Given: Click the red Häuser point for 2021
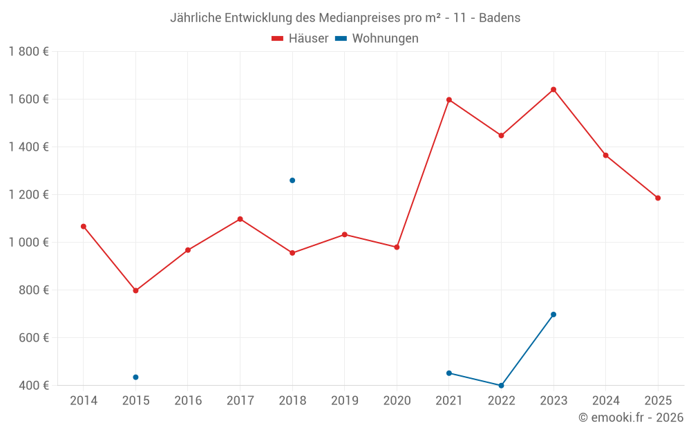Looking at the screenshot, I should coord(449,100).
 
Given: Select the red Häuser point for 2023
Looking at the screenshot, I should coord(553,89).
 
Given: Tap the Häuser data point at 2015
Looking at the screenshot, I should coord(135,290).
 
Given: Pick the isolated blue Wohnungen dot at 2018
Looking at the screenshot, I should coord(292,180).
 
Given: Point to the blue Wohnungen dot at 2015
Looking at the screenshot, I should coord(135,377).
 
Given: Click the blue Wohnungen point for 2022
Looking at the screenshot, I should coord(501,386).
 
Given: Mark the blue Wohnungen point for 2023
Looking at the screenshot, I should coord(553,314).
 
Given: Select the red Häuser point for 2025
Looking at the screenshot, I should coord(658,198).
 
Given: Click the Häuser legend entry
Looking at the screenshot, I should coord(300,39).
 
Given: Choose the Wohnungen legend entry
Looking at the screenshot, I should coord(377,39).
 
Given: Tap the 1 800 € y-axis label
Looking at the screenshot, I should coord(28,52).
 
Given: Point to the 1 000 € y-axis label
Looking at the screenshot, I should coord(28,243).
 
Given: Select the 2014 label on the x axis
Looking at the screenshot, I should coord(84,400).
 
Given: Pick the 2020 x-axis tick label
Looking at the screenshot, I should coord(397,400).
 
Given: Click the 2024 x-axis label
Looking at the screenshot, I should coord(606,400).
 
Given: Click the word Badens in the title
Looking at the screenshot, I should coord(500,18).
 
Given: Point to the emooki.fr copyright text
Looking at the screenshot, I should coord(630,417).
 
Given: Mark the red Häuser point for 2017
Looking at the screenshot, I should coord(240,219).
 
